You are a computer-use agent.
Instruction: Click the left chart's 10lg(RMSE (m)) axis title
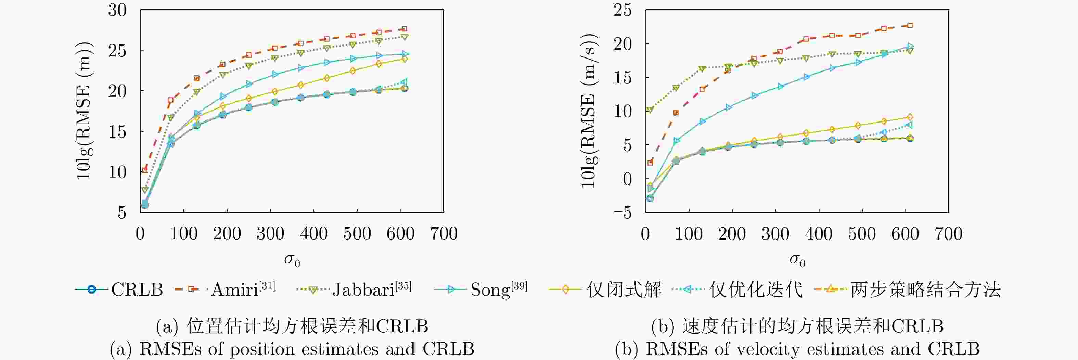click(x=84, y=111)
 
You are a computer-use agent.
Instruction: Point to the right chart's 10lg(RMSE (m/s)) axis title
click(x=589, y=111)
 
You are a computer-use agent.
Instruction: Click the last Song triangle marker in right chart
click(x=910, y=47)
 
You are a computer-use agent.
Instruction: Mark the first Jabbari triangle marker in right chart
click(x=650, y=110)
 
